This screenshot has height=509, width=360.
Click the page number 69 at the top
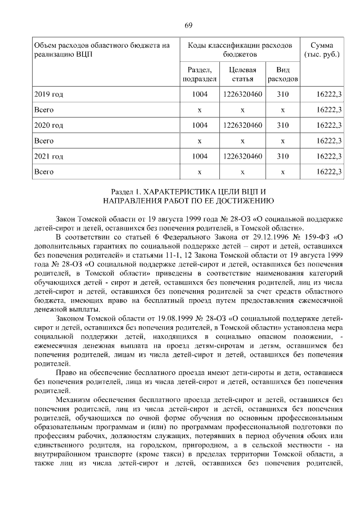[x=188, y=25]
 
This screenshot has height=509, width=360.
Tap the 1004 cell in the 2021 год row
[x=200, y=156]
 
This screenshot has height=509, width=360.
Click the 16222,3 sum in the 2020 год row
[x=330, y=125]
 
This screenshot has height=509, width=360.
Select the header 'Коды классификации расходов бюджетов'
[x=240, y=49]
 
